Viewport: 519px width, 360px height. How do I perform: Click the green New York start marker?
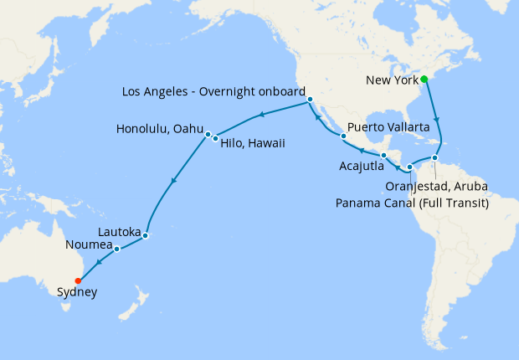[424, 80]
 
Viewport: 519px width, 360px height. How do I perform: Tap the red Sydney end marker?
[78, 280]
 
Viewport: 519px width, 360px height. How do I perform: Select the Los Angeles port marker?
[310, 100]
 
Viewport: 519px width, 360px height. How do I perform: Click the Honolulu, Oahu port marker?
[207, 134]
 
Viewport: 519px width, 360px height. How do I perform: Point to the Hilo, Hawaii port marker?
[215, 138]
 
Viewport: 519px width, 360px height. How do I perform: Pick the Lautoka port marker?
[146, 235]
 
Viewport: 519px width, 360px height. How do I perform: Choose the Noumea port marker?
[116, 249]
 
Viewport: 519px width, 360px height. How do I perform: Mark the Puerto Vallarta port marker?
[343, 136]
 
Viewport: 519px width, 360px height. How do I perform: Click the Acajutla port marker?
[383, 156]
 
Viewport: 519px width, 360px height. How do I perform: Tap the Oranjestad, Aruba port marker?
[435, 158]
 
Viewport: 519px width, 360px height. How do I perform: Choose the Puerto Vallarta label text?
[388, 126]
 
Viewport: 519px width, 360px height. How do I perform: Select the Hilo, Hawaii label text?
[253, 143]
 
